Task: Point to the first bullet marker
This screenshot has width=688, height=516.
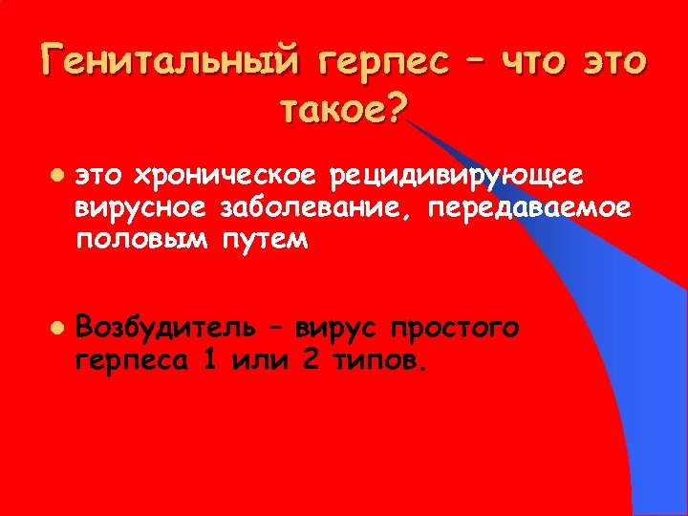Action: coord(59,178)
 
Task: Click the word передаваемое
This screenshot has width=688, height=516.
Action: coord(531,208)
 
